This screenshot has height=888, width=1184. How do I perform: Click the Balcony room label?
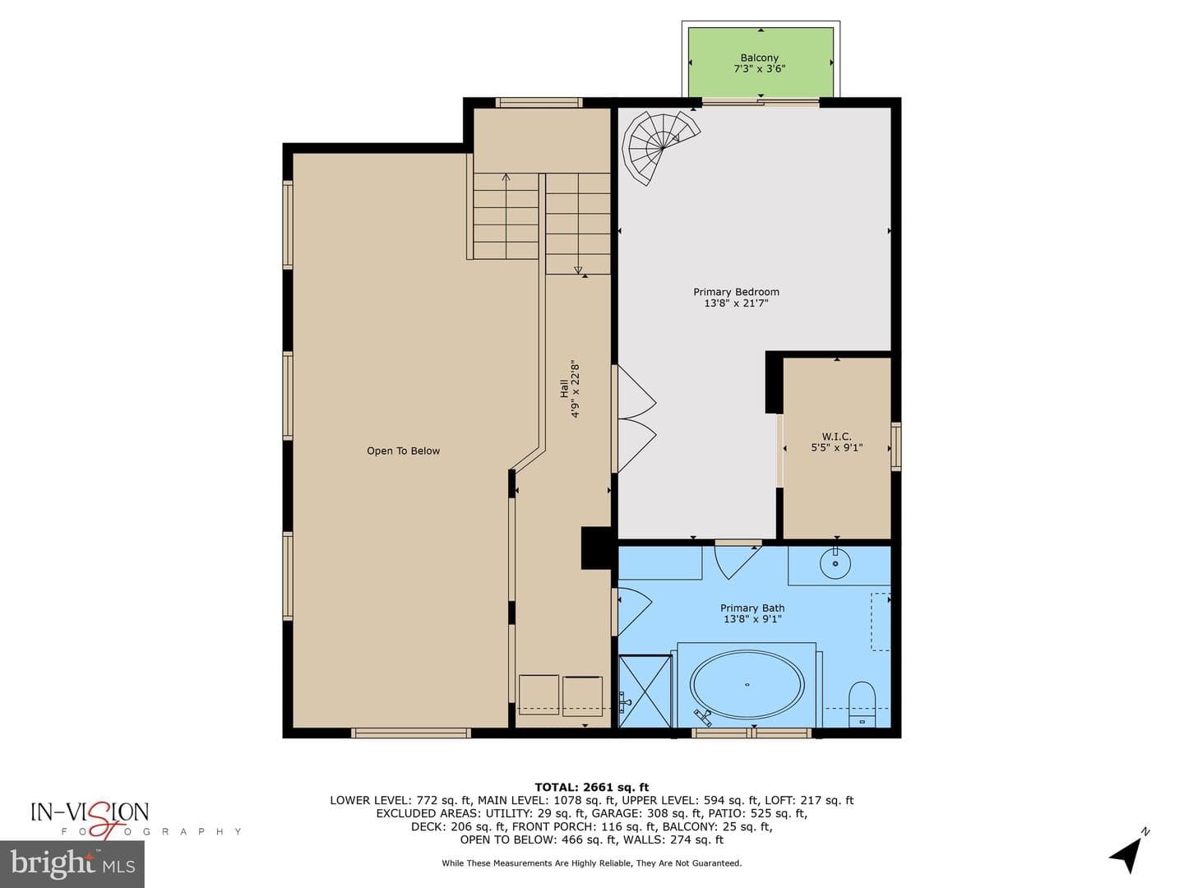click(x=759, y=58)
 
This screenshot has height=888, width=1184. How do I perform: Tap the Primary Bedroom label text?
click(x=736, y=292)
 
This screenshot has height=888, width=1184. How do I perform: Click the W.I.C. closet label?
click(x=836, y=436)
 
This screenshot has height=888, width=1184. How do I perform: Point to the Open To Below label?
click(x=403, y=451)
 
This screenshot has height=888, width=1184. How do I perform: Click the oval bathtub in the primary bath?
click(x=747, y=684)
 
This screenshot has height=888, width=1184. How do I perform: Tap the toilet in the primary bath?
click(x=862, y=704)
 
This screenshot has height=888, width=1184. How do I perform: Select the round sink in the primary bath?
click(x=835, y=563)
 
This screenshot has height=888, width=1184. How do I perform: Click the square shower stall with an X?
click(x=644, y=691)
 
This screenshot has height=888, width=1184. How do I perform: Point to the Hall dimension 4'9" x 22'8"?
click(x=575, y=389)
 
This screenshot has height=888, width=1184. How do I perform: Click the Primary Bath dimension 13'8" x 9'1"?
click(x=752, y=619)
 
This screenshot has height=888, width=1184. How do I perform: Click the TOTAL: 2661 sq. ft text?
click(x=591, y=787)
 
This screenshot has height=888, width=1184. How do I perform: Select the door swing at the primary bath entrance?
click(x=737, y=561)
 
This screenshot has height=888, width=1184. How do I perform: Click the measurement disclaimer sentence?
click(x=592, y=863)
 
